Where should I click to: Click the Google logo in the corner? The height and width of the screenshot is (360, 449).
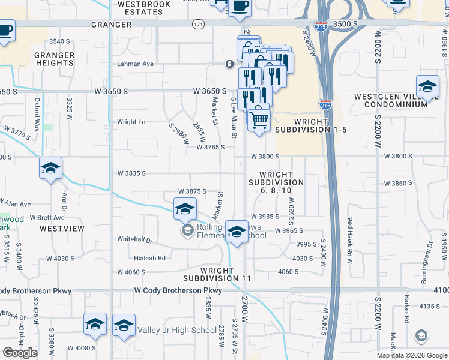click(20, 353)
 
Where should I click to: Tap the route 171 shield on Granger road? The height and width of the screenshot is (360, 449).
click(198, 24)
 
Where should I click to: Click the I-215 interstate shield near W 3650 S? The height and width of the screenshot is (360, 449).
click(325, 104)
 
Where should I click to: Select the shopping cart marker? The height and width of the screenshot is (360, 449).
click(259, 119)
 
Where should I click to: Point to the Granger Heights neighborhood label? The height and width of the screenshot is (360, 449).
click(55, 59)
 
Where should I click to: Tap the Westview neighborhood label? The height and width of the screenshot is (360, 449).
click(62, 229)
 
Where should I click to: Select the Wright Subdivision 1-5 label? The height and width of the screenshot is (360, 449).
click(303, 125)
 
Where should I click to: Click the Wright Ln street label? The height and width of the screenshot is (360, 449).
click(131, 122)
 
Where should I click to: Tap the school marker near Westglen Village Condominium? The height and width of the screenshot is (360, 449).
click(427, 86)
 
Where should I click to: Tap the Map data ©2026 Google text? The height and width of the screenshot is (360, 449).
click(412, 355)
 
